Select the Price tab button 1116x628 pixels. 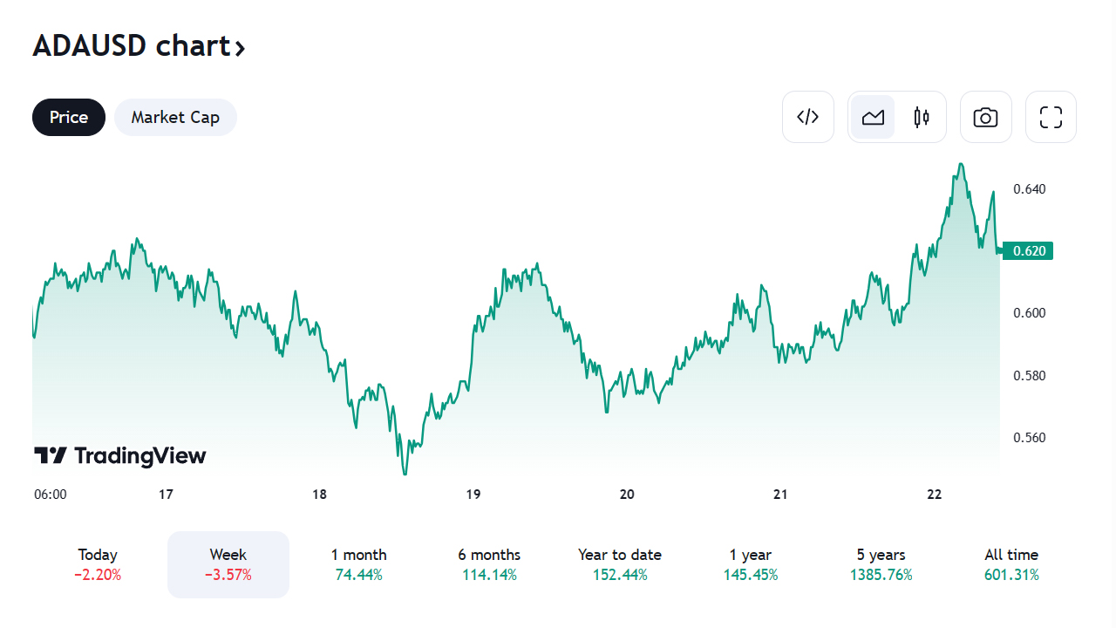click(69, 117)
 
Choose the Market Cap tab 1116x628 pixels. click(175, 117)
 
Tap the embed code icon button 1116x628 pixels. click(808, 117)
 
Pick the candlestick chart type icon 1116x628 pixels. click(922, 117)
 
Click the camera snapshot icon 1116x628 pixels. click(985, 117)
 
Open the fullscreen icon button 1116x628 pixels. click(1051, 117)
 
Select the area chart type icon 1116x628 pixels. click(873, 117)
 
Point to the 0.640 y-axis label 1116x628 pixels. click(1029, 188)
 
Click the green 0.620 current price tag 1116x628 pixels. click(1029, 251)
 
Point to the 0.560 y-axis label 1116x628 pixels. click(1029, 438)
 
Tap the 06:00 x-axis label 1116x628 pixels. click(51, 495)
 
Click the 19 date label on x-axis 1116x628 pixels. click(473, 495)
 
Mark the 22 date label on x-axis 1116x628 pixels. click(935, 495)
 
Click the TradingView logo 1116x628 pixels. click(120, 455)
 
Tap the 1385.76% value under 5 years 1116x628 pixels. click(881, 575)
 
